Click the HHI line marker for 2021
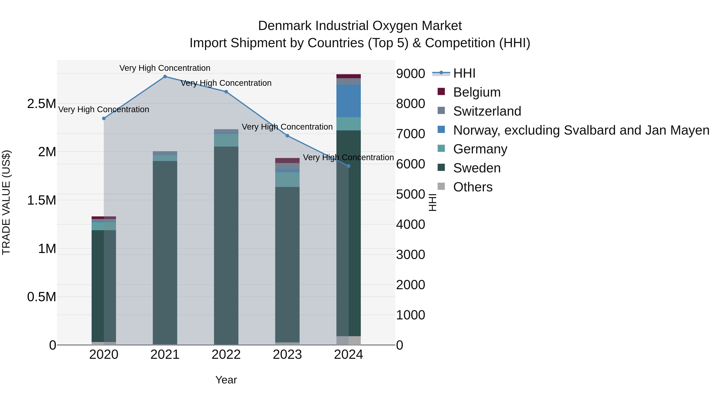tap(165, 77)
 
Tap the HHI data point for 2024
tap(349, 166)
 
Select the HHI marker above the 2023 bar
tap(287, 136)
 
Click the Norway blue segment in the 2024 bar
tap(349, 101)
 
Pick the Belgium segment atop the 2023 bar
tap(287, 160)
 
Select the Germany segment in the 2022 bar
tap(226, 140)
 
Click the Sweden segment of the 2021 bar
tap(165, 252)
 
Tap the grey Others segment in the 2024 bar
tap(349, 340)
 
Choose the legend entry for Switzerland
tap(487, 111)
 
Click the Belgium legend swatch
tap(441, 92)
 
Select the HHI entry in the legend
tap(464, 73)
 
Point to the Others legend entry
tap(473, 187)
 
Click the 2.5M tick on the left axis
tap(41, 104)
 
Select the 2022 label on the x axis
tap(226, 355)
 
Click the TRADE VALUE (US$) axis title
tap(6, 202)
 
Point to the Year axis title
tap(226, 380)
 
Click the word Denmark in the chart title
tap(285, 26)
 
